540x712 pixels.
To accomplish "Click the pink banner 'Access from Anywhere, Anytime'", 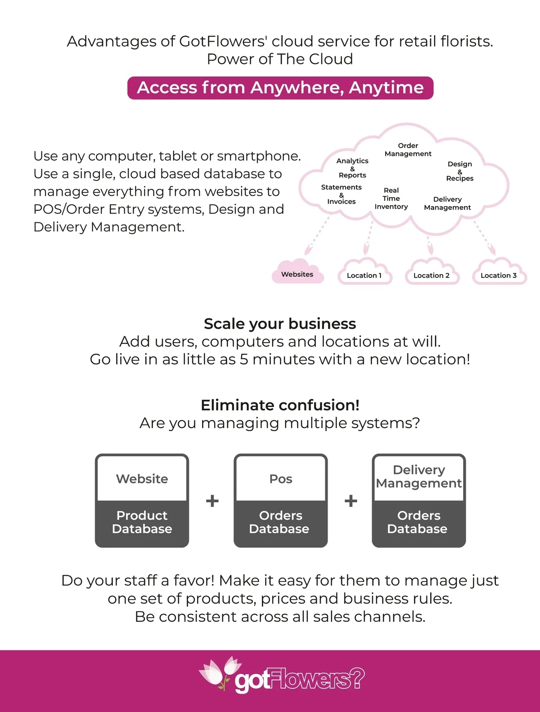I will click(280, 88).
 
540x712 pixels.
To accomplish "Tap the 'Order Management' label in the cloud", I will click(408, 150).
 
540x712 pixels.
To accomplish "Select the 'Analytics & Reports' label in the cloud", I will click(352, 168).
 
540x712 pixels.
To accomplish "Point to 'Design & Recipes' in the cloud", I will click(459, 171).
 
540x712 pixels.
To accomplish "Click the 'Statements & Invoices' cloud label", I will click(342, 194).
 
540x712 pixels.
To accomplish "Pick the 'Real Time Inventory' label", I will click(391, 198).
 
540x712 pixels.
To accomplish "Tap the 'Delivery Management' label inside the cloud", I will click(447, 203).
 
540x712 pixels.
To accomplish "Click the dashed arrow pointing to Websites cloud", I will click(317, 236).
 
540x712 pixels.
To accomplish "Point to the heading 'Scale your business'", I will click(280, 324).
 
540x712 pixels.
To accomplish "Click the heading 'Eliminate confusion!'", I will click(280, 405).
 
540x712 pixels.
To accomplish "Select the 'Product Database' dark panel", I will click(142, 523).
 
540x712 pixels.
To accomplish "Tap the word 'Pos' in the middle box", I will click(281, 479).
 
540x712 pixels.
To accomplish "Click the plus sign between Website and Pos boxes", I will click(212, 501).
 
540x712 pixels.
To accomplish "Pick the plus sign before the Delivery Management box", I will click(351, 501).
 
